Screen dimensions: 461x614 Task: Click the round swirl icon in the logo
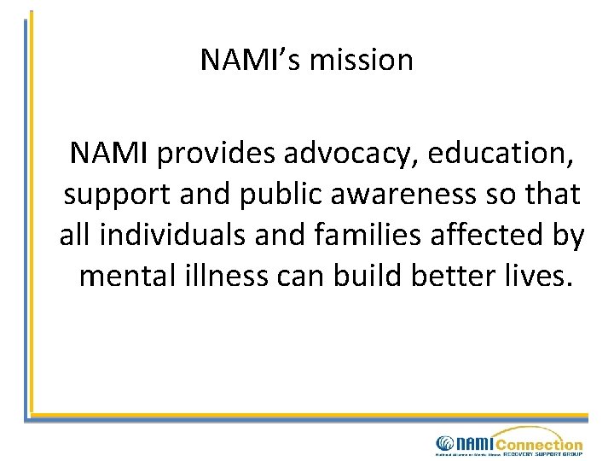[445, 443]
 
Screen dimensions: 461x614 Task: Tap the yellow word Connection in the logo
[538, 444]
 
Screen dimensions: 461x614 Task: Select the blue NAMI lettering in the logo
[474, 444]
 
